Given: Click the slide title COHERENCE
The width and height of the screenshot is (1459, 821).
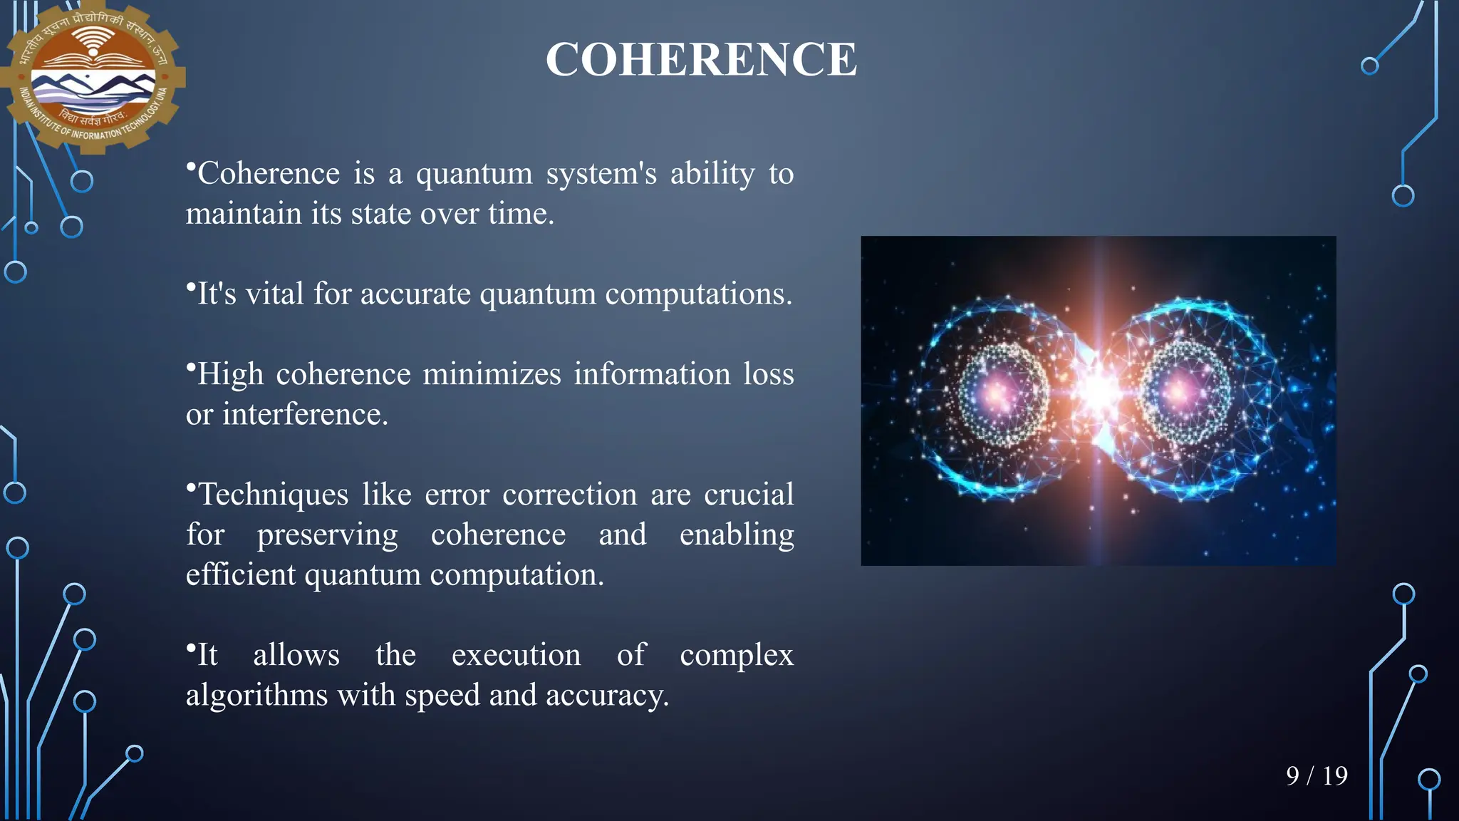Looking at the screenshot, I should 701,59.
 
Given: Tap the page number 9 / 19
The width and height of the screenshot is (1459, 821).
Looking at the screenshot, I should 1317,775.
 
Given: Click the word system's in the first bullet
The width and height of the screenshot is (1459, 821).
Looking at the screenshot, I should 601,173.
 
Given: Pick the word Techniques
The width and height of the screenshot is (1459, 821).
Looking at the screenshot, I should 274,495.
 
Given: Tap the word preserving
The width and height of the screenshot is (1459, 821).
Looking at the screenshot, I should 327,535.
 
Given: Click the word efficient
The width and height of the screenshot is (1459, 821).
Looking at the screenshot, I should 240,574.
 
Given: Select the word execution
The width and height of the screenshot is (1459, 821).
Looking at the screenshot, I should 516,655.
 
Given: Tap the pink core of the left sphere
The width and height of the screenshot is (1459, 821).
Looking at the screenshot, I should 1001,392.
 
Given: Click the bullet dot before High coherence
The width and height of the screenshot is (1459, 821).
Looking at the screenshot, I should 190,367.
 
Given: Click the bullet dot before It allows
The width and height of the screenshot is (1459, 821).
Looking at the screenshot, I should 190,648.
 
